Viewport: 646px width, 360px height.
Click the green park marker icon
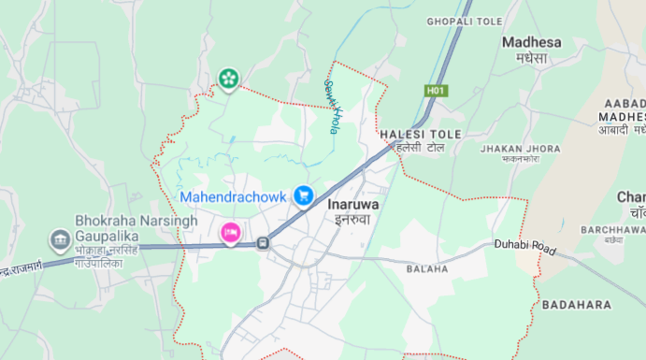pos(228,79)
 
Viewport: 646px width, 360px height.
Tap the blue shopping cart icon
pos(303,195)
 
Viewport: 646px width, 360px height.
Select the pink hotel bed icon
pos(230,231)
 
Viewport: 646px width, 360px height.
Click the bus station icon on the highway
pos(264,244)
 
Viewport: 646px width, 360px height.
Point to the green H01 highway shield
pos(436,91)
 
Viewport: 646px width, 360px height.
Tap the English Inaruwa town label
pos(353,203)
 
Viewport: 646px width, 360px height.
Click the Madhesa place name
pos(531,42)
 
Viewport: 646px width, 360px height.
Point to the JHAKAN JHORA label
pos(520,149)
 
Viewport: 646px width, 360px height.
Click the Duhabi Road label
pos(525,248)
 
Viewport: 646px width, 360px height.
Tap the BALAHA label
pos(428,269)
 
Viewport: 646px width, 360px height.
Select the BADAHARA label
pos(576,305)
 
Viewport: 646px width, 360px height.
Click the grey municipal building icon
pos(61,241)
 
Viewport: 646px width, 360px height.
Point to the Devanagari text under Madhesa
pos(531,59)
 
